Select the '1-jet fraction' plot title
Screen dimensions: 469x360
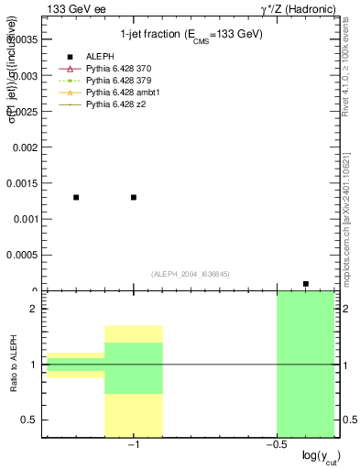pos(191,34)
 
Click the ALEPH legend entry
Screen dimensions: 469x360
pos(100,56)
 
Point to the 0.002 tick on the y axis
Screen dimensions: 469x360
pos(23,147)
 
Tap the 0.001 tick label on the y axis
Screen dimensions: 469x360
pos(23,219)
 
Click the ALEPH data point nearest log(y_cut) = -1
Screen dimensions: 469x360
pos(134,197)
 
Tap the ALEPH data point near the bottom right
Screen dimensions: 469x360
pos(306,284)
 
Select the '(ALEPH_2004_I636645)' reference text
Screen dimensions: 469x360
pos(190,273)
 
